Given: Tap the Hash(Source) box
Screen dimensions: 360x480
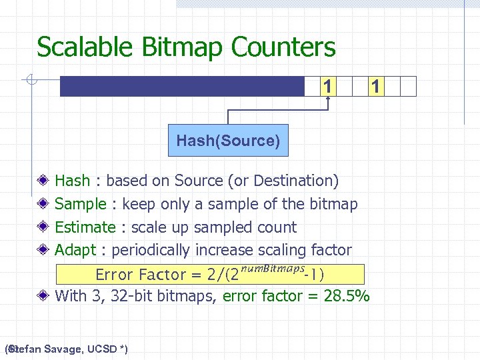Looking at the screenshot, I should click(x=228, y=141).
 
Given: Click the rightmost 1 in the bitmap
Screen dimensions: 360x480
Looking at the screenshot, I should click(x=376, y=87).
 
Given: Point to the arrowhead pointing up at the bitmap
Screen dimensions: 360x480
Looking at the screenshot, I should click(x=328, y=101).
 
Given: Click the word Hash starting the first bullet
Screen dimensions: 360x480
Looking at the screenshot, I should click(x=72, y=181).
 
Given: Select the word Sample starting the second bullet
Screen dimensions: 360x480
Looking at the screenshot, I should click(x=80, y=204).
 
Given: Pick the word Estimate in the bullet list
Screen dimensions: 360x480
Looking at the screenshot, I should click(x=85, y=227).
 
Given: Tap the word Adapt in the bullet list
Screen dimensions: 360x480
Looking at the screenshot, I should click(x=75, y=251).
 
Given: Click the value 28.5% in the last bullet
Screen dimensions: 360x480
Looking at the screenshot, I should click(x=346, y=296).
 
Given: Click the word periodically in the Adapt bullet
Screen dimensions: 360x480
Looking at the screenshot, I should click(x=150, y=251).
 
